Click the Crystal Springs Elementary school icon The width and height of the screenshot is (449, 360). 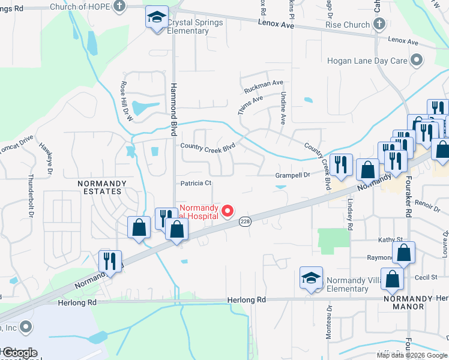[x=157, y=17]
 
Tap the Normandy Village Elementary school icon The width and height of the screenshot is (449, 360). [x=311, y=277]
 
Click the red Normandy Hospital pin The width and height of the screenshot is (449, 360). [x=228, y=211]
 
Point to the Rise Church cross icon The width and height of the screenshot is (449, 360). [x=378, y=25]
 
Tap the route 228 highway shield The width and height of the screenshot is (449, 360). [x=244, y=221]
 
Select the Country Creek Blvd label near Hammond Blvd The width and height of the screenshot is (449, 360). [x=207, y=146]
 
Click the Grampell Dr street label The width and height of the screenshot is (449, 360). [x=292, y=175]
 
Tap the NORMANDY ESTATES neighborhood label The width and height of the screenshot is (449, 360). [x=100, y=187]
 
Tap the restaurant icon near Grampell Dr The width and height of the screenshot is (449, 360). [x=341, y=165]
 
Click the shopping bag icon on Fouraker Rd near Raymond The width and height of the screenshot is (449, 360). [x=404, y=253]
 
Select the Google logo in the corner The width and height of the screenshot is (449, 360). [x=19, y=353]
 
